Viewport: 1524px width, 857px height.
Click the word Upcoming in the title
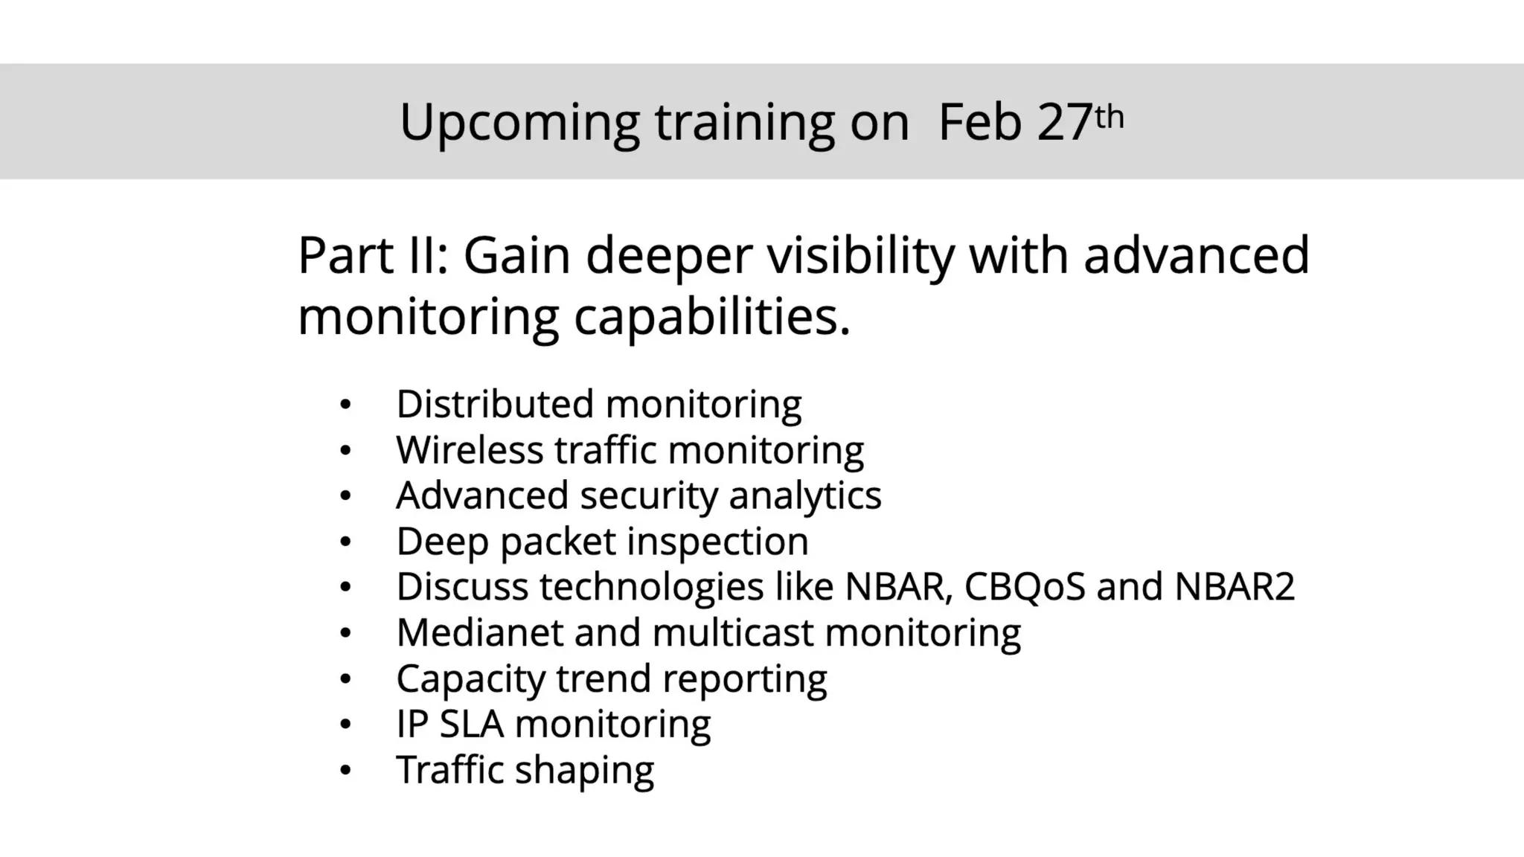pyautogui.click(x=519, y=123)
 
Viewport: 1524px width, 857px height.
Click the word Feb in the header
pyautogui.click(x=980, y=123)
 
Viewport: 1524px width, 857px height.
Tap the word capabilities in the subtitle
pyautogui.click(x=711, y=318)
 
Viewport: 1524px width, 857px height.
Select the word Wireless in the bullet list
pyautogui.click(x=470, y=450)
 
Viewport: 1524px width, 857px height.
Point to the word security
pyautogui.click(x=648, y=496)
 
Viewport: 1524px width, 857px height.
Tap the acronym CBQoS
pyautogui.click(x=1025, y=587)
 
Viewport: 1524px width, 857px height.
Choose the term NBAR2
pyautogui.click(x=1235, y=587)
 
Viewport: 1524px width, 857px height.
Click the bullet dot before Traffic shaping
pyautogui.click(x=345, y=771)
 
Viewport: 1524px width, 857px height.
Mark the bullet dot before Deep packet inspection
pyautogui.click(x=345, y=542)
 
